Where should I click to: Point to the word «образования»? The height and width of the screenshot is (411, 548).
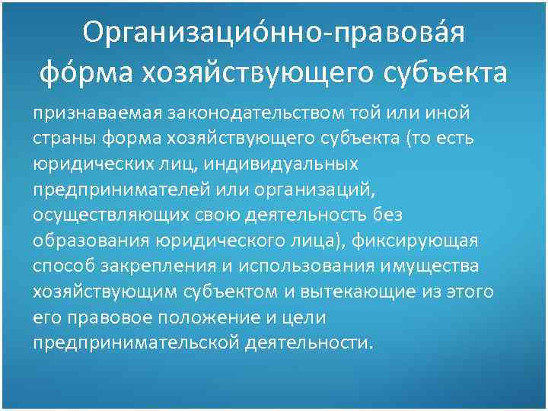90,240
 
